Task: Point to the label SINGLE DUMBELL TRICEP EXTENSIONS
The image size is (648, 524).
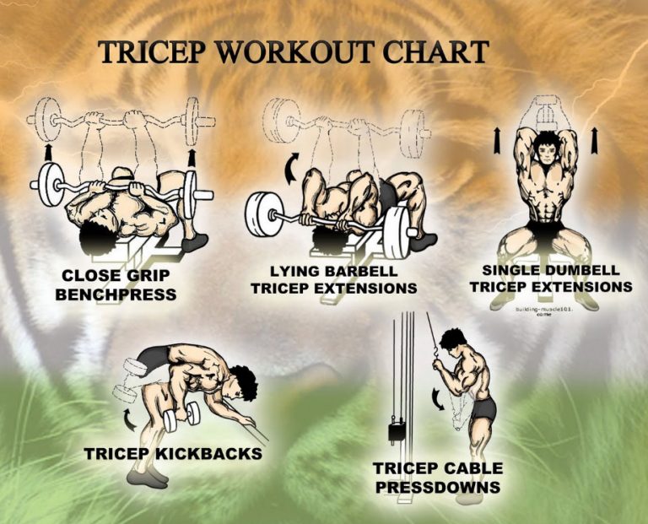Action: coord(550,278)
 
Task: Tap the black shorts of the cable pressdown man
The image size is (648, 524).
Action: coord(483,410)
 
